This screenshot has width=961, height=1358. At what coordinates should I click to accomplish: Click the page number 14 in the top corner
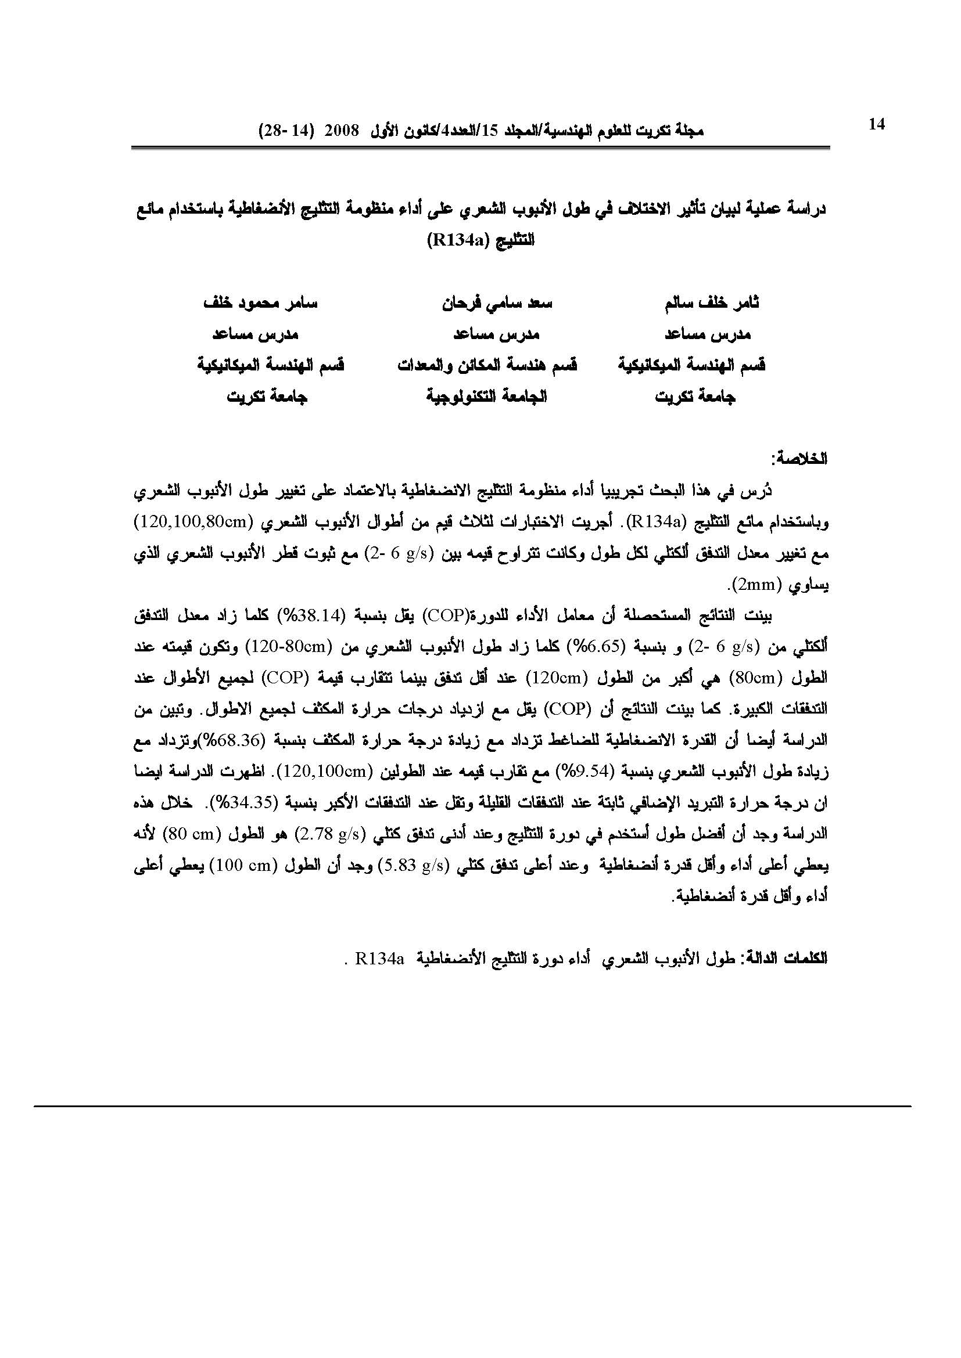coord(876,124)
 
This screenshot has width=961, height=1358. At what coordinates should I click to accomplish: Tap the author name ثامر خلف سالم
coord(712,304)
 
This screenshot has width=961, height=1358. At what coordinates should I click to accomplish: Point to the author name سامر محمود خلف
coord(260,304)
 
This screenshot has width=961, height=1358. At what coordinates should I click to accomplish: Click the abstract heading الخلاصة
coord(803,459)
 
